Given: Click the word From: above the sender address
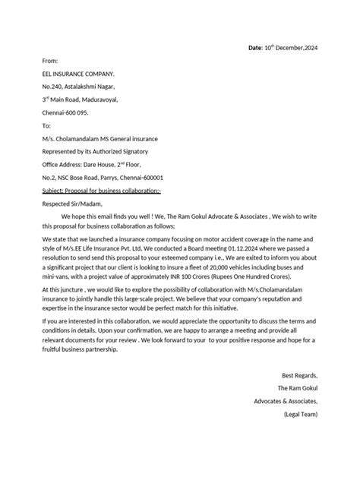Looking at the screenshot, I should point(50,61).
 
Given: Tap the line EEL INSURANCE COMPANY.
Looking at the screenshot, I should point(78,74).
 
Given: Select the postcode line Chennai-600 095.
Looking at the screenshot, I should point(65,113).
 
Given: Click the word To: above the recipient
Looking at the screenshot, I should point(46,126).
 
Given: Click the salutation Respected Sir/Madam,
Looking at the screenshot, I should point(71,204).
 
